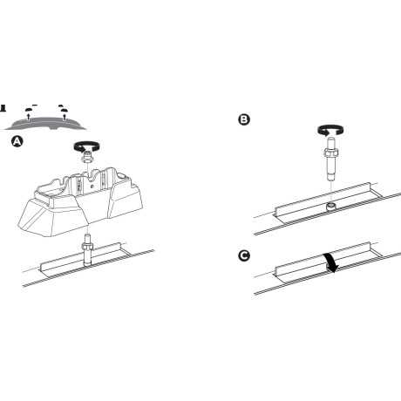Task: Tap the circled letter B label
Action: coord(244,119)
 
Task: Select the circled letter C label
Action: coord(244,255)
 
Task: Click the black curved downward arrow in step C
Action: coord(331,261)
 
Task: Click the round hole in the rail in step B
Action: coord(331,206)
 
